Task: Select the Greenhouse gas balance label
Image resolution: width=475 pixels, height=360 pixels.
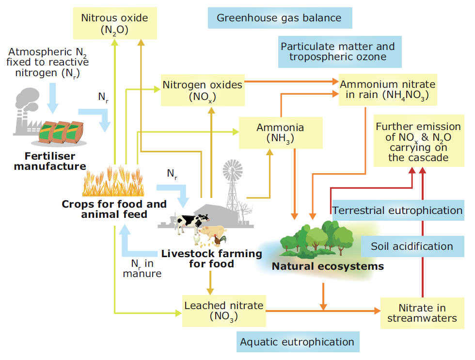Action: click(279, 18)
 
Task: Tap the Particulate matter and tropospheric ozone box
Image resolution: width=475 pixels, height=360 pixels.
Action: click(337, 52)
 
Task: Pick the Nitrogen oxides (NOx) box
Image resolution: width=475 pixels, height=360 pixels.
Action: click(202, 90)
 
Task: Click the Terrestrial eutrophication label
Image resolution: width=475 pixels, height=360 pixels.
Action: click(397, 211)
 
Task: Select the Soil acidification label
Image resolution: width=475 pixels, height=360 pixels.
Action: click(412, 246)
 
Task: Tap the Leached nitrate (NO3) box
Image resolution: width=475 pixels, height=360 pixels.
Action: click(224, 311)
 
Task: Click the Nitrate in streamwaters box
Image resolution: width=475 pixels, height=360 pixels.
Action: click(422, 313)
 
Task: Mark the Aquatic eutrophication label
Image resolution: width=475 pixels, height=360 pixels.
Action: click(298, 342)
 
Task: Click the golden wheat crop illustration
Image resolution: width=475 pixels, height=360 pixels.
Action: click(112, 182)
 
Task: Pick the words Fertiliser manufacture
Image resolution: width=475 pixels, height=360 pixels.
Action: click(50, 162)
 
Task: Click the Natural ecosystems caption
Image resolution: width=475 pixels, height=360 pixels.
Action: click(328, 266)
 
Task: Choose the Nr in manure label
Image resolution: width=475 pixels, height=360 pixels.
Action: click(142, 268)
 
